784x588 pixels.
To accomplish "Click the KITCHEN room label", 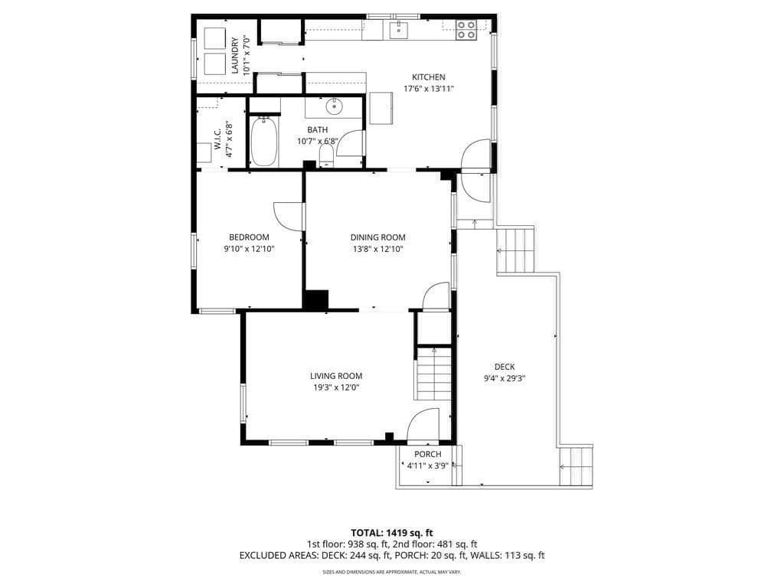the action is pos(429,77).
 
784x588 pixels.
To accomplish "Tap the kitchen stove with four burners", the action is pos(466,30).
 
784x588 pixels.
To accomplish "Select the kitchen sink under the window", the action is pos(398,30).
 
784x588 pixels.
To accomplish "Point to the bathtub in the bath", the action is pos(264,142).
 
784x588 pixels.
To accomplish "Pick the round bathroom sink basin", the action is pos(334,106).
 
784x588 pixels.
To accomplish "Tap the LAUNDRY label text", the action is pos(235,55).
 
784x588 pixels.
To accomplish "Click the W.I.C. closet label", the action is pos(217,139).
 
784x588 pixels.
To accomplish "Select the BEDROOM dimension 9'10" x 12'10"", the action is pos(249,249).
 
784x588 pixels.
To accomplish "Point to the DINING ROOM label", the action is pos(378,237).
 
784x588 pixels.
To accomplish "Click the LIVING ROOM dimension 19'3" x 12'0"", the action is pos(336,387).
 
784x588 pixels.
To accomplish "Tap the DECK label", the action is pos(505,367).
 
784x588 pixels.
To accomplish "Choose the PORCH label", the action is pos(428,454).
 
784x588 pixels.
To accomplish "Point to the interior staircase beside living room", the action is pos(433,374).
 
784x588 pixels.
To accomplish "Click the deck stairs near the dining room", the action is pos(515,250).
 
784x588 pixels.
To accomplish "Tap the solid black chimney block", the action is pos(316,299).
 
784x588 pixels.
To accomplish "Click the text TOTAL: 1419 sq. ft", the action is pos(391,533).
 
